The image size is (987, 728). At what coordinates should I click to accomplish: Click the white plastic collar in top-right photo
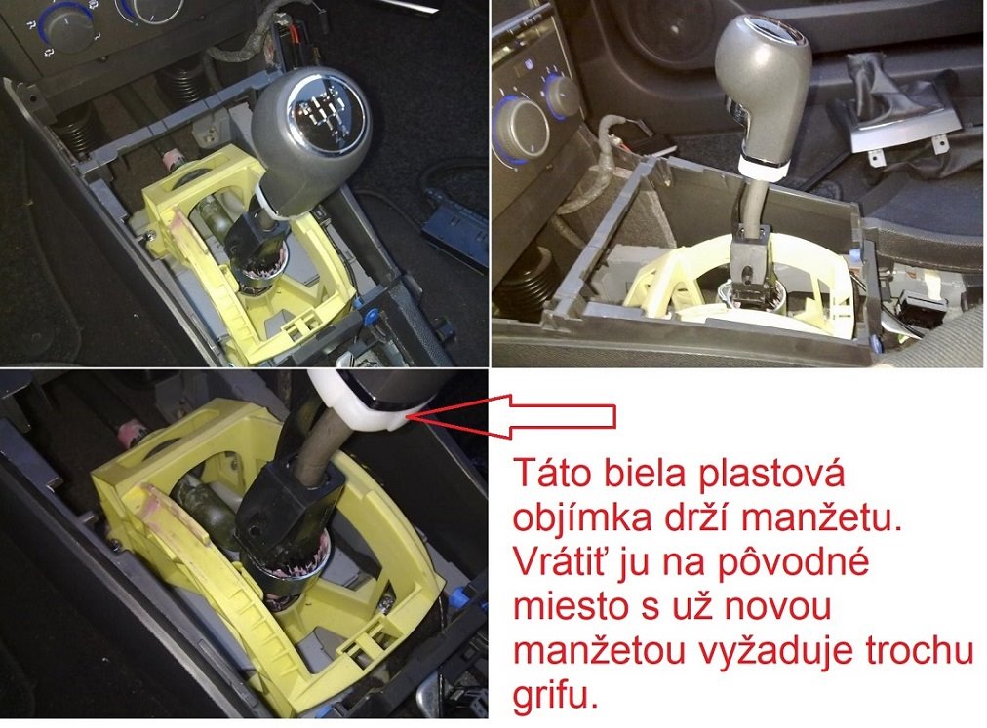click(763, 166)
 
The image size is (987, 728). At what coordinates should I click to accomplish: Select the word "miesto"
click(561, 606)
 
